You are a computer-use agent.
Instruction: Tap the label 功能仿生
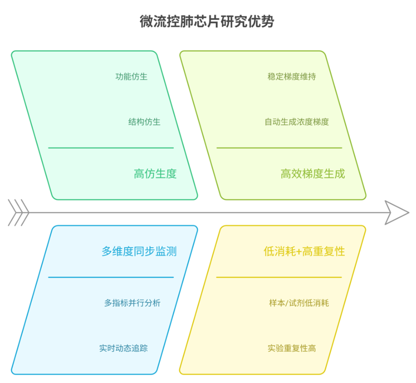[132, 77]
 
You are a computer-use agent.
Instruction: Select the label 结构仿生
[144, 122]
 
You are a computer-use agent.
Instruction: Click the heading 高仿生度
[155, 174]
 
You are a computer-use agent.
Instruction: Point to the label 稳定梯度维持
[291, 77]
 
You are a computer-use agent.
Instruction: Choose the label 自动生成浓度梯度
[297, 122]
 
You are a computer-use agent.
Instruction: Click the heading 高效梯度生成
[313, 174]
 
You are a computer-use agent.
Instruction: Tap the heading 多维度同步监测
[139, 251]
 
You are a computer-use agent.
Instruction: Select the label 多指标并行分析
[132, 303]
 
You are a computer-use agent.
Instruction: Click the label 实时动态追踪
[123, 348]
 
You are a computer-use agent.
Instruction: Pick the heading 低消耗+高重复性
[304, 251]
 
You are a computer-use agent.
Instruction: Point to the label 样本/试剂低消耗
[299, 303]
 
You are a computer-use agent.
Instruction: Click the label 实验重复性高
[291, 348]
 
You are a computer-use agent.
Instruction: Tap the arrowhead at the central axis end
[396, 213]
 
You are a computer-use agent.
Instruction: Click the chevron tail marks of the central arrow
[18, 213]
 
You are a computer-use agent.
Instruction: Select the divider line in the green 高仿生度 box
[111, 148]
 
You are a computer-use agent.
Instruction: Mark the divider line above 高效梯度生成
[279, 148]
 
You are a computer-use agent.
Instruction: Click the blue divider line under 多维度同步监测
[111, 277]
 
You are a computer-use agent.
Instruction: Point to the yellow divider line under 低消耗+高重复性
[279, 277]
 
